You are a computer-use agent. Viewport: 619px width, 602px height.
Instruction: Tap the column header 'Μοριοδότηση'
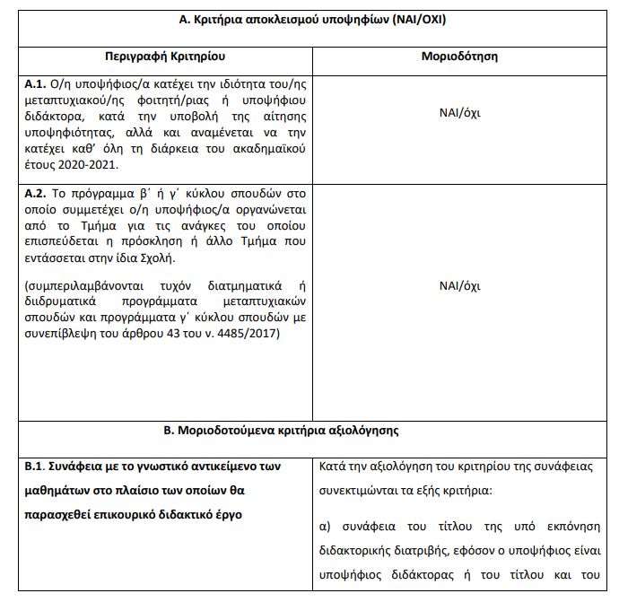pyautogui.click(x=459, y=57)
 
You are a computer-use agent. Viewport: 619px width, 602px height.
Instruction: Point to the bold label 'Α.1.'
pyautogui.click(x=39, y=84)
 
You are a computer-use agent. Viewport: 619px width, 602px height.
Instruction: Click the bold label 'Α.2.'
pyautogui.click(x=39, y=192)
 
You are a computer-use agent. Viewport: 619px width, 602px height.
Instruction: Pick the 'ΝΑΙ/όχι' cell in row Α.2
pyautogui.click(x=459, y=286)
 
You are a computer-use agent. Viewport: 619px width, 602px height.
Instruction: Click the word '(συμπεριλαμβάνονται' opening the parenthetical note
pyautogui.click(x=79, y=286)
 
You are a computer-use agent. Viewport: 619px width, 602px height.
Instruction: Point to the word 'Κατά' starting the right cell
pyautogui.click(x=334, y=467)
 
